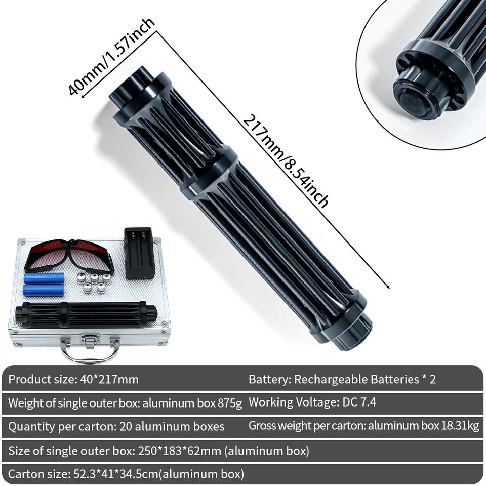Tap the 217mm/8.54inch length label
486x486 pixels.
click(285, 161)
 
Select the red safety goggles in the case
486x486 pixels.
click(69, 256)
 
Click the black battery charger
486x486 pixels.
click(139, 253)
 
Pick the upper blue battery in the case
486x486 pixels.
click(44, 278)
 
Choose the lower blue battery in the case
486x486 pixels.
click(44, 290)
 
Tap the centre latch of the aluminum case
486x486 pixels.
click(90, 340)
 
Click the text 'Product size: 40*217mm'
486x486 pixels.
click(73, 379)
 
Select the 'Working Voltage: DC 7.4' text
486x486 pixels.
click(312, 402)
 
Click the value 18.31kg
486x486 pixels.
click(460, 426)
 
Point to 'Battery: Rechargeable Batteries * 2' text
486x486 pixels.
click(342, 379)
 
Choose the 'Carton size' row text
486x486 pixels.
click(126, 474)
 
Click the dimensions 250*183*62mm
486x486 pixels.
click(179, 450)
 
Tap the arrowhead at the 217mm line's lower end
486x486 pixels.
click(387, 287)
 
